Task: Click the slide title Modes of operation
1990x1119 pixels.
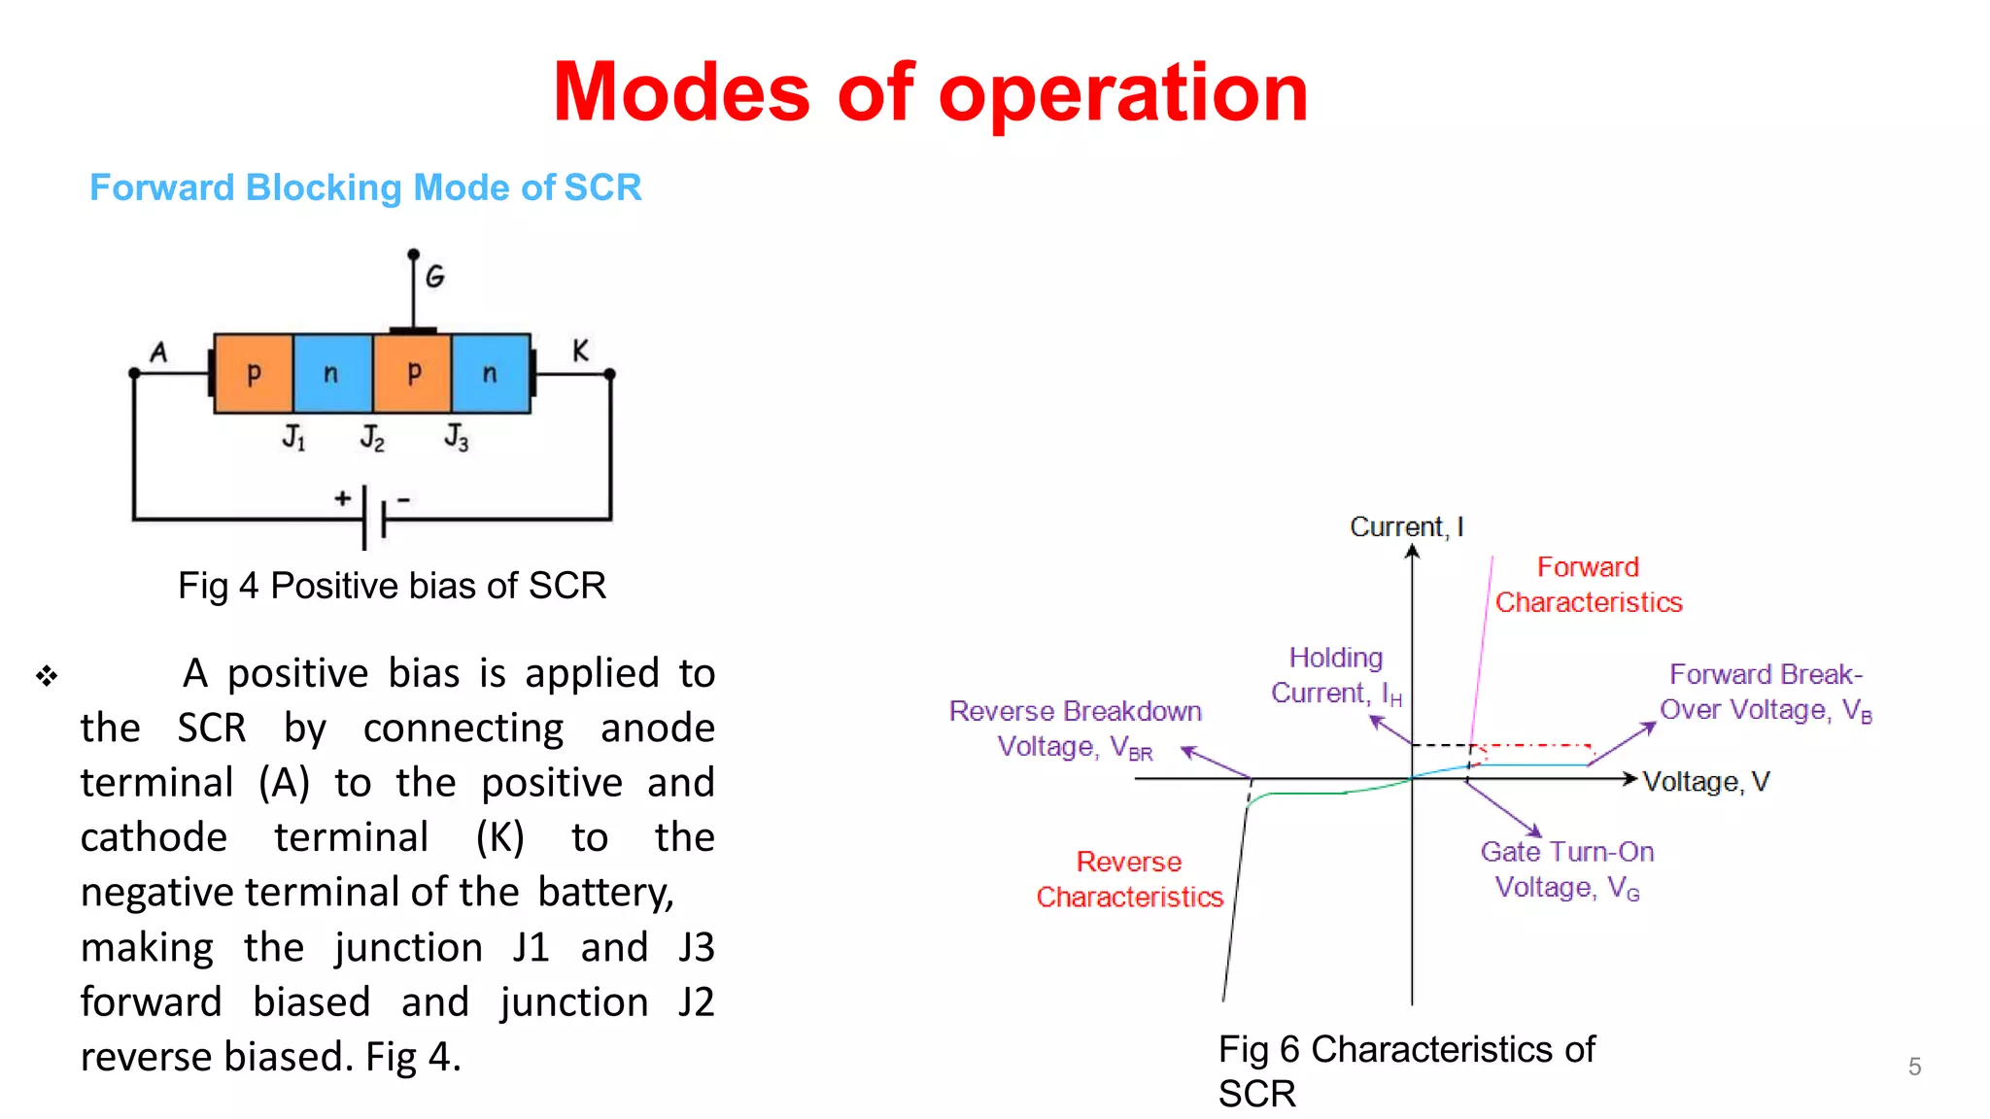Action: [x=930, y=93]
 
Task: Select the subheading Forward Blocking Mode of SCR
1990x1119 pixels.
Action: [x=365, y=187]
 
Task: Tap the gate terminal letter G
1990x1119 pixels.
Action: [x=434, y=277]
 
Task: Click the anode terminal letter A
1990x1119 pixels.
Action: [x=158, y=352]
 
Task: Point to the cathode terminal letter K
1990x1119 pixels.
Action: [x=580, y=351]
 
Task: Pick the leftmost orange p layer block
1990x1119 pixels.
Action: [x=254, y=374]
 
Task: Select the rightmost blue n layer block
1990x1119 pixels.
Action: [x=491, y=374]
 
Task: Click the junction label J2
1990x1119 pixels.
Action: [x=372, y=437]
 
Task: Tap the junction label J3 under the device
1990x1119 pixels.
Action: [x=456, y=437]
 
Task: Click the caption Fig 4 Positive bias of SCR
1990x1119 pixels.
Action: [x=392, y=586]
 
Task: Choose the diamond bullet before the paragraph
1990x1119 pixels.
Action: [x=47, y=675]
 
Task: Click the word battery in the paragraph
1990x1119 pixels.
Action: [x=605, y=892]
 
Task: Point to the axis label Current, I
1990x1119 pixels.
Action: [x=1406, y=526]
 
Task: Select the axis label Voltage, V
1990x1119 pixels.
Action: [x=1705, y=782]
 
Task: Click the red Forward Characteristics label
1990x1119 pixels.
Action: [x=1588, y=585]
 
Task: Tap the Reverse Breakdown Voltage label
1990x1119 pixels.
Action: [x=1075, y=729]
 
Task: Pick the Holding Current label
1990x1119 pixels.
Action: [x=1336, y=675]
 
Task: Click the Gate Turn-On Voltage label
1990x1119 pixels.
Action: [x=1566, y=869]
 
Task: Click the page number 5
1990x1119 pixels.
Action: [x=1914, y=1067]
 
